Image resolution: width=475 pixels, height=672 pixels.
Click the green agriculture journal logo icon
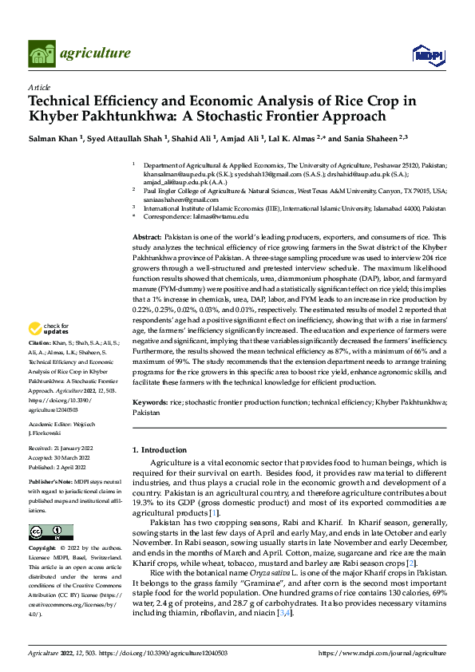(x=42, y=53)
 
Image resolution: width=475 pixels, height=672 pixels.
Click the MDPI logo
(x=425, y=53)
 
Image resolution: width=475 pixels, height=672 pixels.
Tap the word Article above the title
(x=39, y=87)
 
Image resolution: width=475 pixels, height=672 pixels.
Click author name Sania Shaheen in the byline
(x=373, y=138)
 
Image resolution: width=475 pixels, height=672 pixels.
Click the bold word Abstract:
(x=146, y=239)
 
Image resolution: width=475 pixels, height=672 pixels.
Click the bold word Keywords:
(x=149, y=404)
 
